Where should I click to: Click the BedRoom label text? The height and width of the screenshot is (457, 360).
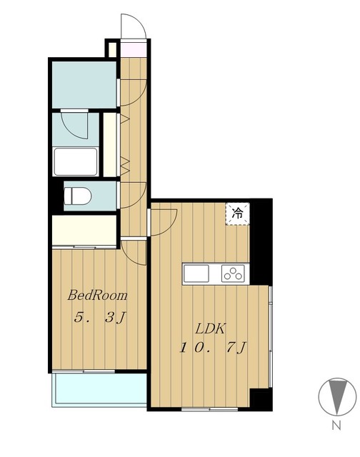point(97,295)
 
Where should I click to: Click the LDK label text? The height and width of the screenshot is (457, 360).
point(210,329)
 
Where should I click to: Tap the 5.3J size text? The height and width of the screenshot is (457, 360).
point(100,317)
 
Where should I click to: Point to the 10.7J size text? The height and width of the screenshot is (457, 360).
point(213,348)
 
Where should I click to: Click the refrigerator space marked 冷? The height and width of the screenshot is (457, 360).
point(238,214)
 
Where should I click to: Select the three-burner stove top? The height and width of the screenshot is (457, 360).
point(233,273)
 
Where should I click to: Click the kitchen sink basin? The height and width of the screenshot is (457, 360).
point(196,273)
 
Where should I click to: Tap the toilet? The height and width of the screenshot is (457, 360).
point(77,196)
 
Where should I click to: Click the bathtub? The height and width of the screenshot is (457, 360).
point(76,161)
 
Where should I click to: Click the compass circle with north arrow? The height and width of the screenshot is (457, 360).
point(337,396)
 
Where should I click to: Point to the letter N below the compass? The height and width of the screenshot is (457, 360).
point(336,426)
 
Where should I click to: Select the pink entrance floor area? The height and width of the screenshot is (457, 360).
point(134,50)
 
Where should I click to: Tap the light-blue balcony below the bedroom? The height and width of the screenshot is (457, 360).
point(99,388)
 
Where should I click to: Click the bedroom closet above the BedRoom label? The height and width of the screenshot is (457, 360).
point(84,230)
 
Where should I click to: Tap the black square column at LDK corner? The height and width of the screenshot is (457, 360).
point(261,399)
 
